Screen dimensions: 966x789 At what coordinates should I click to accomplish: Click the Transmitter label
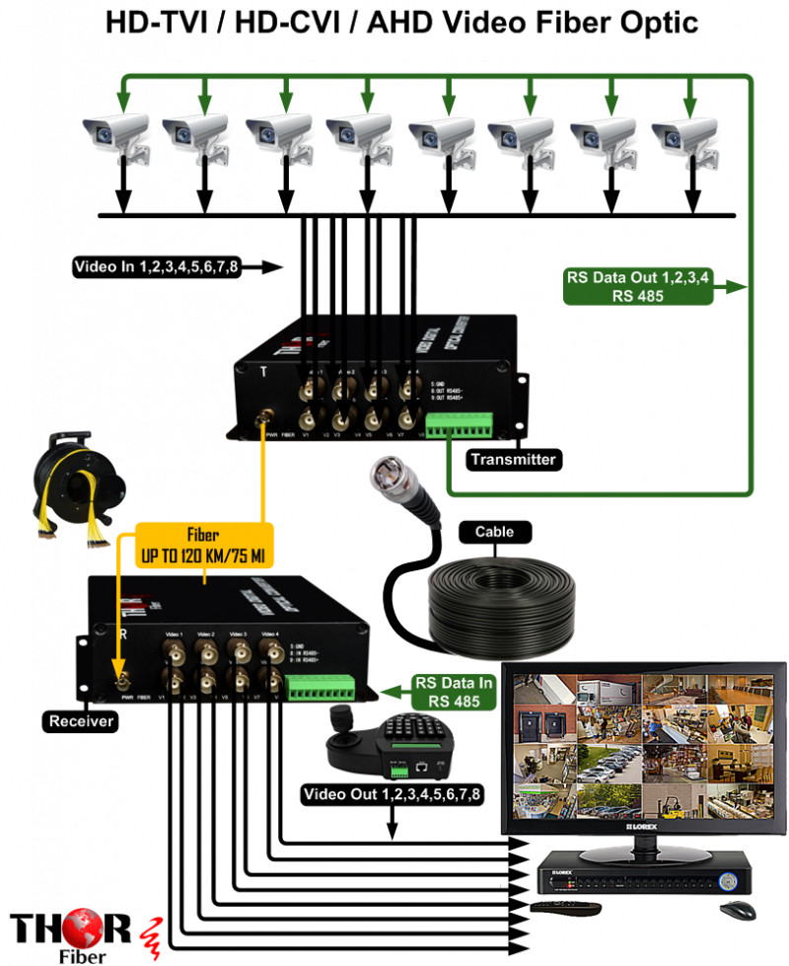pos(512,459)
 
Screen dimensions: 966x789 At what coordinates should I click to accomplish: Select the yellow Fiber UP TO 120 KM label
pos(204,543)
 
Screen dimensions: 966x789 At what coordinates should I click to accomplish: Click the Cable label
pos(494,532)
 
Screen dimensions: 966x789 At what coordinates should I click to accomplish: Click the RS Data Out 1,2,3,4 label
pos(637,285)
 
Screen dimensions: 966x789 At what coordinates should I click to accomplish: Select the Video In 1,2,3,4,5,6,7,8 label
pos(156,266)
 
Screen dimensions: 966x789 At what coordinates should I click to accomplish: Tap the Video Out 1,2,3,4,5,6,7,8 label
pos(393,794)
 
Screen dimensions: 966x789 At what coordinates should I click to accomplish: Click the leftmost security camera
pos(116,136)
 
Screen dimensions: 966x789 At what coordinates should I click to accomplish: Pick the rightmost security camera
pos(685,136)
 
